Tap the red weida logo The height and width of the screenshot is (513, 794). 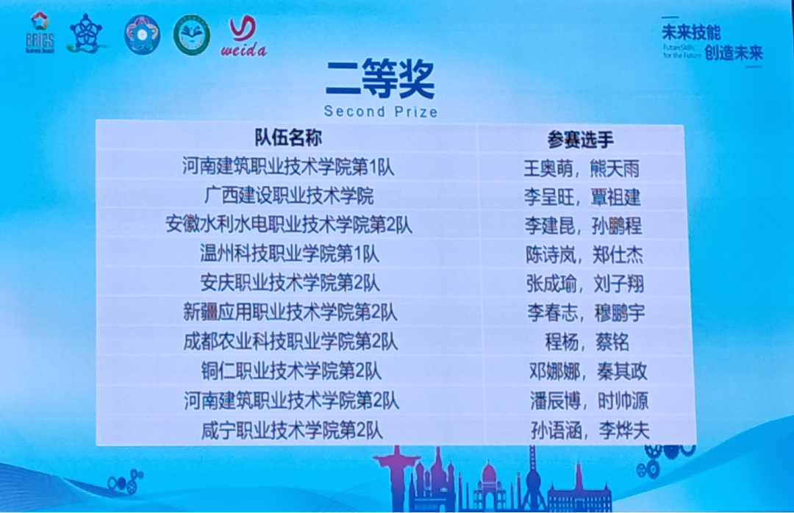tap(243, 36)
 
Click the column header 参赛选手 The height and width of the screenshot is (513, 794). tap(580, 139)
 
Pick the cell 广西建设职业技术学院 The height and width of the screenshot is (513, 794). tap(288, 196)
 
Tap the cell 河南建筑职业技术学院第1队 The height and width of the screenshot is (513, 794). tap(288, 167)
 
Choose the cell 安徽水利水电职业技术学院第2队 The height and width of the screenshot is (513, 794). tap(288, 225)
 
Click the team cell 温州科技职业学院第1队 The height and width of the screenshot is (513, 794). tap(289, 254)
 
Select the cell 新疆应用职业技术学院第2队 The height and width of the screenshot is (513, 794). tap(290, 312)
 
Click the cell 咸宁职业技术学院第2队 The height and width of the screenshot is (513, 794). tap(292, 430)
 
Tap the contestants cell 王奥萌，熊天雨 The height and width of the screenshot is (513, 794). tap(581, 168)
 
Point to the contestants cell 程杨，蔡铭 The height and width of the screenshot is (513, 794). tap(585, 342)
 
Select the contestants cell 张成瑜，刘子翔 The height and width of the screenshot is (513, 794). tap(584, 283)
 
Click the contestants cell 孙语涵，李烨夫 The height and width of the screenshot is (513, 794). tap(590, 430)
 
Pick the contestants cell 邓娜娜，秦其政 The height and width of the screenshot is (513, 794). tap(588, 371)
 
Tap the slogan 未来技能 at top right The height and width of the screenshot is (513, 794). tap(690, 32)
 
